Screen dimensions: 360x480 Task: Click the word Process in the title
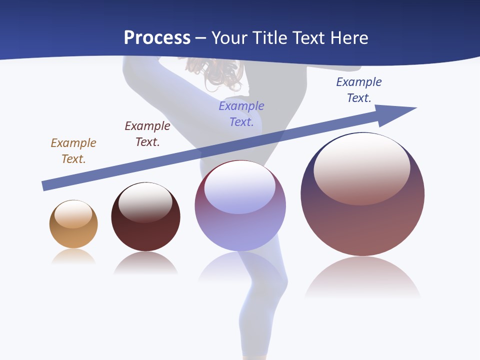tap(157, 38)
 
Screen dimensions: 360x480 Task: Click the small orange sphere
tap(73, 224)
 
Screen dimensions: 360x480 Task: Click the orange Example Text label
tap(73, 151)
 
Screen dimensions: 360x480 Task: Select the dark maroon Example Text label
tap(147, 134)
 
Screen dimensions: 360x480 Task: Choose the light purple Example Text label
tap(241, 114)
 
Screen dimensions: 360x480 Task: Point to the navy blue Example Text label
tap(359, 90)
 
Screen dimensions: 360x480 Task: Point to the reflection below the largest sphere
tap(362, 277)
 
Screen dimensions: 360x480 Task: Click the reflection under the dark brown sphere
tap(145, 263)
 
